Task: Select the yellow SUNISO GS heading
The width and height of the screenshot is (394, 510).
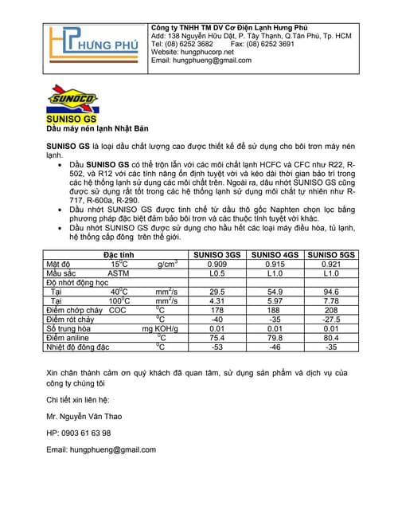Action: (x=71, y=119)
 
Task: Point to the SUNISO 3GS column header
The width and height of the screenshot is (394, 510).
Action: (x=217, y=254)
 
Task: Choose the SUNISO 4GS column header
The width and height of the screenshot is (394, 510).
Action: (x=275, y=254)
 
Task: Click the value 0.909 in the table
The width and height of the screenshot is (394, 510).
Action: (x=217, y=264)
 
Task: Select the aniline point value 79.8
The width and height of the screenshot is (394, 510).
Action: (x=275, y=338)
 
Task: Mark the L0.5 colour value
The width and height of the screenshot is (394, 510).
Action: (x=217, y=273)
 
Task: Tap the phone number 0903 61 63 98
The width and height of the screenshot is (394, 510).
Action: (x=79, y=433)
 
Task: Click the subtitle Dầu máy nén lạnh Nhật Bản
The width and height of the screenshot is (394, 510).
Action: (x=97, y=128)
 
